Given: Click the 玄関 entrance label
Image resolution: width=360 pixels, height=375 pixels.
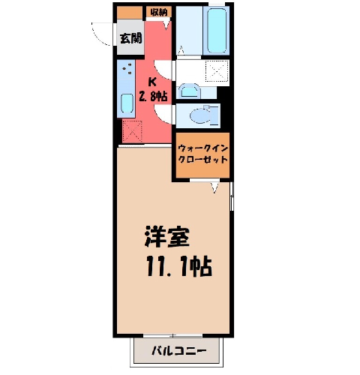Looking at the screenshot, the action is pos(130,38).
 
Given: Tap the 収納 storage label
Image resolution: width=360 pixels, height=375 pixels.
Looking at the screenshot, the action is pos(159,12).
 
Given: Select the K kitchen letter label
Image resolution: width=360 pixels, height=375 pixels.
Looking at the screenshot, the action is pos(152,82).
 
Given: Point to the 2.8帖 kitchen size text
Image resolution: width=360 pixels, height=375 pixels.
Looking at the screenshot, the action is pos(153,95).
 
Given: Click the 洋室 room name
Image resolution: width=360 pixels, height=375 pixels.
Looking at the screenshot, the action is pos(166,236).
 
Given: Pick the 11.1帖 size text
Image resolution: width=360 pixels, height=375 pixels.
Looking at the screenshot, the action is pos(179,266).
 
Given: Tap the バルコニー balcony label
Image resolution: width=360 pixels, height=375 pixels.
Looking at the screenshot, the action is pos(178,351).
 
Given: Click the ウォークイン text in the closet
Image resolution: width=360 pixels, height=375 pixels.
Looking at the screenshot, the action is pos(202,148).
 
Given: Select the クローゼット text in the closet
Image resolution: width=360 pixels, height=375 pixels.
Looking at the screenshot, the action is pos(202,159).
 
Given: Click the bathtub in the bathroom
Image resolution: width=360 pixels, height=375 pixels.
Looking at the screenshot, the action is pos(216,30).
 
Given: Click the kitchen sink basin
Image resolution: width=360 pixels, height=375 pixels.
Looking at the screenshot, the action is pos(127,103).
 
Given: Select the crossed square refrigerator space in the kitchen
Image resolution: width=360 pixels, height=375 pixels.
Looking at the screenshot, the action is pos(132,132).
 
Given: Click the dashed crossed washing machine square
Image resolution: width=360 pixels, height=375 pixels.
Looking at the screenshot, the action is pos(217,71).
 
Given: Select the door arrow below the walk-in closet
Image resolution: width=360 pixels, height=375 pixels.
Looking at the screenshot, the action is pos(214,187).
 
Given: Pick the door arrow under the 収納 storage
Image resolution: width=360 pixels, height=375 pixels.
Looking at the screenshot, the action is pos(166,25).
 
